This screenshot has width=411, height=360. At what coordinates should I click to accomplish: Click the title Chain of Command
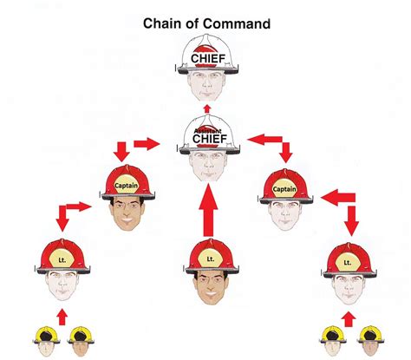tap(205, 23)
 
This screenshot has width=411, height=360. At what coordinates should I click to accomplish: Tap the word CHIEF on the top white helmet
tap(205, 59)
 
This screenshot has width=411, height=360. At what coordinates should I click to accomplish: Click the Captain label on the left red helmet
tap(127, 183)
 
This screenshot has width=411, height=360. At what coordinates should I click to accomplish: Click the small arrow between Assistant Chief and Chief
tap(205, 107)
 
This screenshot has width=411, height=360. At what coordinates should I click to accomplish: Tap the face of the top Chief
tap(205, 85)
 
